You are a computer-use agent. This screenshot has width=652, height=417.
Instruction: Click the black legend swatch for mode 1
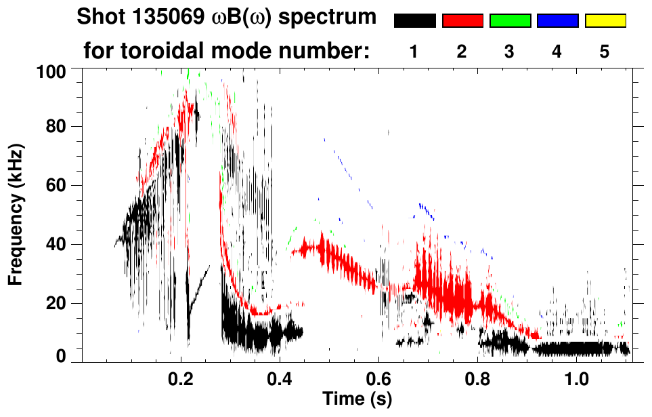click(x=415, y=21)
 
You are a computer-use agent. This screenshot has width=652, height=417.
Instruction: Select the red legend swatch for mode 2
click(x=462, y=21)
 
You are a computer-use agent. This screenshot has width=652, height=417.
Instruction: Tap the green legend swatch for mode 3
click(x=510, y=21)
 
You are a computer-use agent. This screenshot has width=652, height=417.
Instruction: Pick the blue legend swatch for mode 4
click(x=557, y=21)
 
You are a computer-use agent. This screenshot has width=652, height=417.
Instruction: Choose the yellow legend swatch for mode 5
click(x=605, y=21)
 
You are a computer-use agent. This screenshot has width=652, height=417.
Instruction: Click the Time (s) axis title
click(x=357, y=398)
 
